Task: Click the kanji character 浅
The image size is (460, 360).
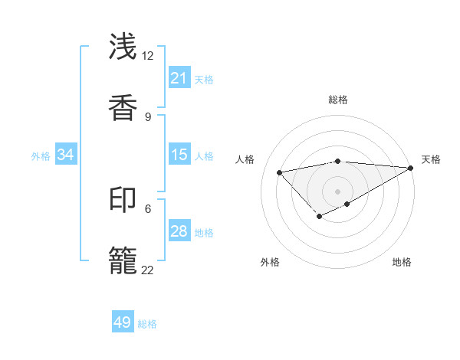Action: click(123, 47)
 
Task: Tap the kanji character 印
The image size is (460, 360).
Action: click(123, 201)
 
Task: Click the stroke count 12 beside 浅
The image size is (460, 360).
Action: click(147, 55)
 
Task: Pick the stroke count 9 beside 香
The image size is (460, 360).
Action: click(147, 116)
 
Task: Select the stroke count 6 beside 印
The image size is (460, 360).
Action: click(147, 208)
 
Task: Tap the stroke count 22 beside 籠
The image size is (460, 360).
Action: click(147, 270)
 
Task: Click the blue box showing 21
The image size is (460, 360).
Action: click(179, 78)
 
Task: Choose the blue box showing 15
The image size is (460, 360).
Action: click(179, 155)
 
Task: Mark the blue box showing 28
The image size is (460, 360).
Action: click(179, 231)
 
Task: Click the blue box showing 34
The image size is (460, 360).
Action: click(66, 155)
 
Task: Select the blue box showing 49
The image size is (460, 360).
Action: click(123, 322)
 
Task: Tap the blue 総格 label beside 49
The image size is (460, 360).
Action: click(147, 324)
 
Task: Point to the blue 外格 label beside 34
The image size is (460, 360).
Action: click(41, 156)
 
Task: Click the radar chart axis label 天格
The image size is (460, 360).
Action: click(431, 159)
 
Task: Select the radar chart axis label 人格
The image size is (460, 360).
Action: click(245, 159)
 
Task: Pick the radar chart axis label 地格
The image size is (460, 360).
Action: click(402, 262)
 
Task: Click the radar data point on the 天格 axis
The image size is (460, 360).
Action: click(412, 168)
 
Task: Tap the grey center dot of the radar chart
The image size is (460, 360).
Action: click(337, 191)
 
